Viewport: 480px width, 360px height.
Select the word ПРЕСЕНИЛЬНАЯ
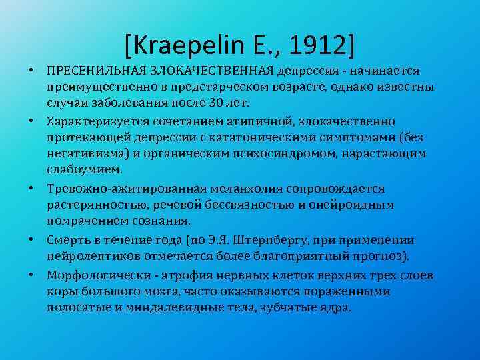[x=91, y=71]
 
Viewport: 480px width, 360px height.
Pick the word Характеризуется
[x=94, y=121]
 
